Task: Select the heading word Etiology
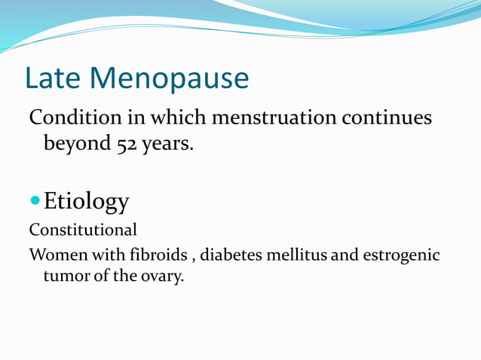click(x=86, y=202)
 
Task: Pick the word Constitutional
click(x=83, y=230)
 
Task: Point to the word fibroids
click(x=168, y=255)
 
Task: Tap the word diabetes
click(x=236, y=255)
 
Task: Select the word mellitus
click(x=301, y=255)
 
